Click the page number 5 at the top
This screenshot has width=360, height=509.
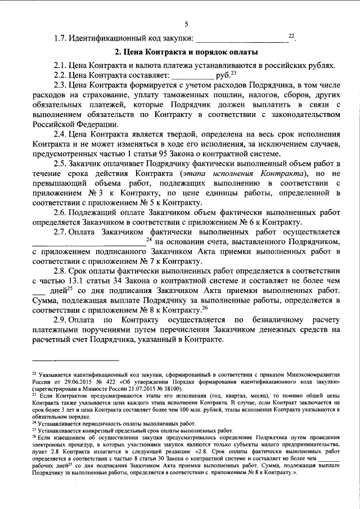coord(186,24)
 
